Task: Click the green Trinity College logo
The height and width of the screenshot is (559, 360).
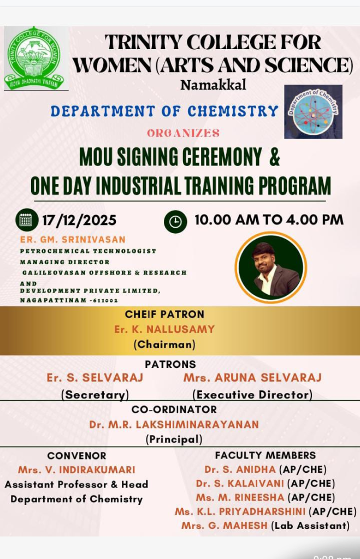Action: pyautogui.click(x=36, y=58)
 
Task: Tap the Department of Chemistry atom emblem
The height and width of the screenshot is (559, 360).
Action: pyautogui.click(x=313, y=111)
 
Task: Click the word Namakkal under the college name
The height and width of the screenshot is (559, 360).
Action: pyautogui.click(x=213, y=85)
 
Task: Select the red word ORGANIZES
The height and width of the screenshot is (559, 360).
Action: pyautogui.click(x=184, y=133)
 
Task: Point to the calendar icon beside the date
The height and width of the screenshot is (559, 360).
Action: pyautogui.click(x=27, y=219)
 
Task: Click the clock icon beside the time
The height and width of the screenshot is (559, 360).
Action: pyautogui.click(x=175, y=222)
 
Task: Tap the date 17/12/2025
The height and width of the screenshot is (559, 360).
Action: pyautogui.click(x=79, y=220)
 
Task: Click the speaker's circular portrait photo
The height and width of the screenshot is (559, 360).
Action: pyautogui.click(x=271, y=267)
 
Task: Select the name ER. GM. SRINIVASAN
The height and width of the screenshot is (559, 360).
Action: pyautogui.click(x=73, y=240)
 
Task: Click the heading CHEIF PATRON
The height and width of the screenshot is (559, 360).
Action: pyautogui.click(x=164, y=314)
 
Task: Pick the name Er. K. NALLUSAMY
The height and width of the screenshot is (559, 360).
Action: pyautogui.click(x=164, y=329)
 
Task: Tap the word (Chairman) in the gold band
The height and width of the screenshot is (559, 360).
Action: pyautogui.click(x=164, y=344)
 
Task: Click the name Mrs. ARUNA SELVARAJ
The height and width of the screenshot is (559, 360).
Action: pyautogui.click(x=252, y=378)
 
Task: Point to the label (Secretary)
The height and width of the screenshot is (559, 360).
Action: pyautogui.click(x=95, y=395)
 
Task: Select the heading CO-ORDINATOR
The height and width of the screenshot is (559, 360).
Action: pyautogui.click(x=174, y=409)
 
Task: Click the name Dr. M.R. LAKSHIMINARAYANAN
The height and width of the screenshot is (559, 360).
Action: pyautogui.click(x=174, y=425)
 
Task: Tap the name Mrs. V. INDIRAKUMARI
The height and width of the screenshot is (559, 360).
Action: pyautogui.click(x=76, y=470)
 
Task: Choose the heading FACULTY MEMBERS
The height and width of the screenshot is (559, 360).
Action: pyautogui.click(x=265, y=455)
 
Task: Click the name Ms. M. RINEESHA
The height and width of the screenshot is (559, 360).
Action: pyautogui.click(x=240, y=497)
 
